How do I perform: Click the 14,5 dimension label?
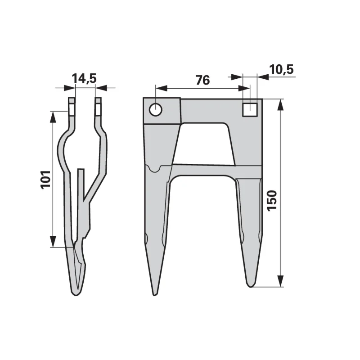(84, 78)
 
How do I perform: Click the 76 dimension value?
(202, 80)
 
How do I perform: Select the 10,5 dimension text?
(282, 69)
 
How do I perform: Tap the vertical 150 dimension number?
(272, 200)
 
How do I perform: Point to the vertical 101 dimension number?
(45, 180)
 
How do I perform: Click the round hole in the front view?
(156, 110)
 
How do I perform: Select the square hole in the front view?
(250, 109)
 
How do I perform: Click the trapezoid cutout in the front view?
(204, 144)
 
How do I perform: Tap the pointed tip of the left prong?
(155, 295)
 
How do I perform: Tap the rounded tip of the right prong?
(251, 286)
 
